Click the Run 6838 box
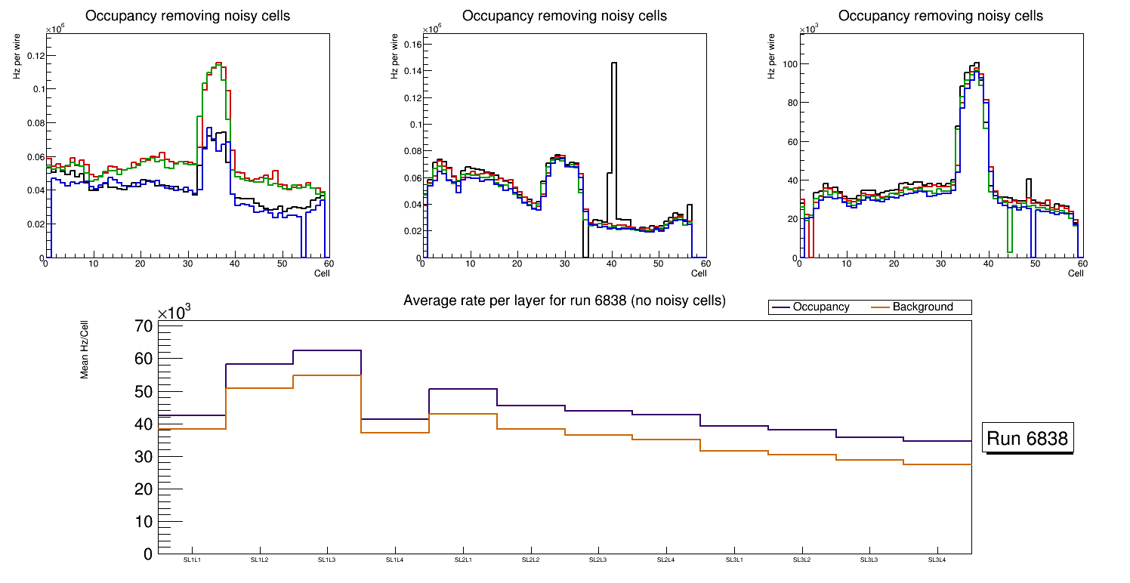tap(1029, 439)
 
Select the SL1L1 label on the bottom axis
tap(193, 560)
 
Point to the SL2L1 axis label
tap(463, 560)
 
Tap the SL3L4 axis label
tap(937, 560)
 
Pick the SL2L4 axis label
tap(665, 560)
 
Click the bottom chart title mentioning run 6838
tap(564, 301)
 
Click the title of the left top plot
tap(188, 16)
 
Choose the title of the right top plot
tap(940, 16)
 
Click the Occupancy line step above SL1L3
tap(327, 350)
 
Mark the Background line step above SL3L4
tap(937, 464)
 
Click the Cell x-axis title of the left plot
tap(323, 273)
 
